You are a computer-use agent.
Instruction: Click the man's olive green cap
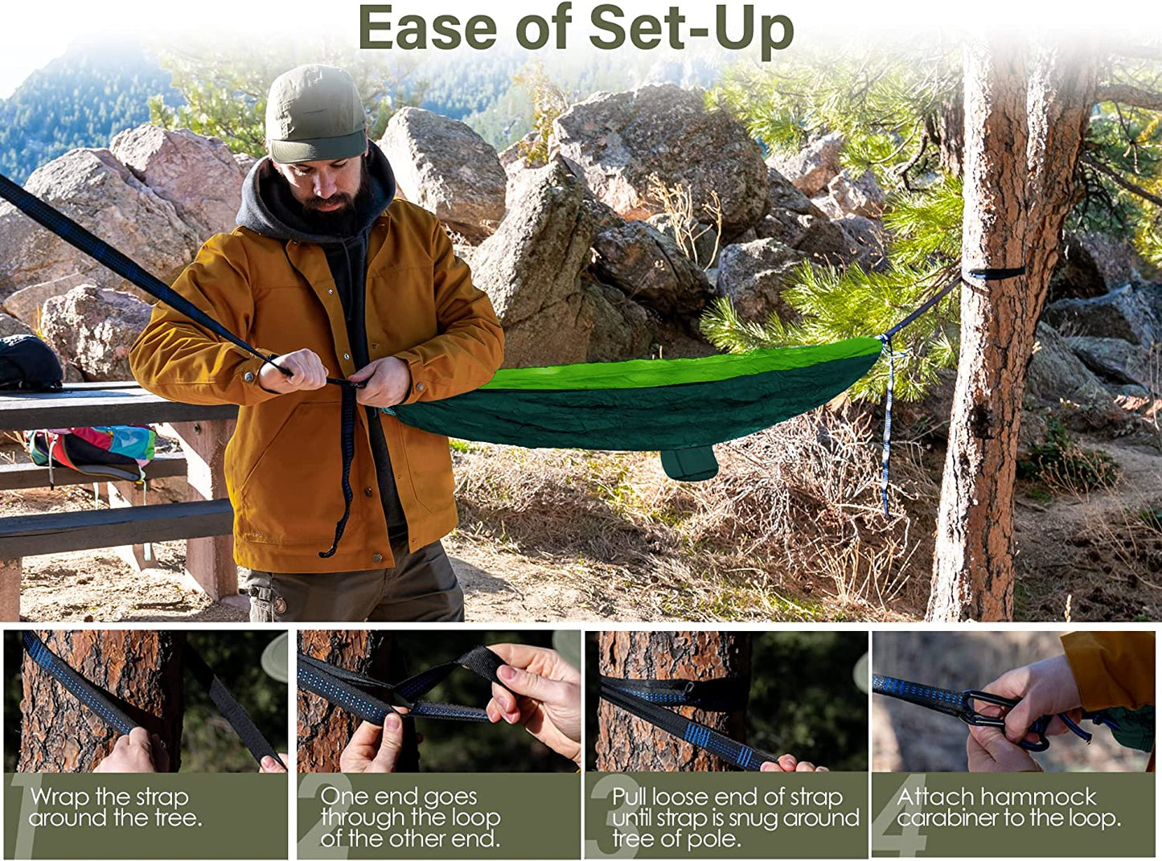315,113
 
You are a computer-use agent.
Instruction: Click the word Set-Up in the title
691,29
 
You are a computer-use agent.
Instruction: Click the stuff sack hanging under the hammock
689,464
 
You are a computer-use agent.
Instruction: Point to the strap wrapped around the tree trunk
994,275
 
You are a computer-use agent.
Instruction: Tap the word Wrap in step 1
60,797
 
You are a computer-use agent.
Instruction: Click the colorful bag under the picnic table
92,449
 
